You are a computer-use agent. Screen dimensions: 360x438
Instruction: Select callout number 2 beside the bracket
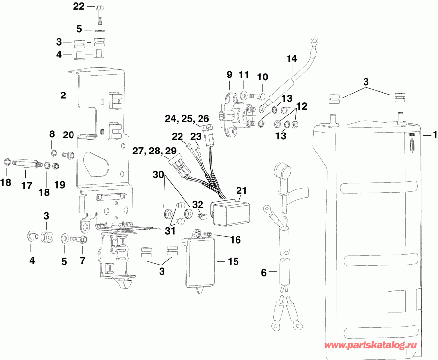point(63,95)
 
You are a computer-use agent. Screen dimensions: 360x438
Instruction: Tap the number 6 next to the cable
point(264,273)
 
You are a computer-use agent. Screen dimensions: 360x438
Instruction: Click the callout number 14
point(291,59)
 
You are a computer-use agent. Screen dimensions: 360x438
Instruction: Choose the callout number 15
point(233,262)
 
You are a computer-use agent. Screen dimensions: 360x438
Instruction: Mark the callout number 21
point(242,189)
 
